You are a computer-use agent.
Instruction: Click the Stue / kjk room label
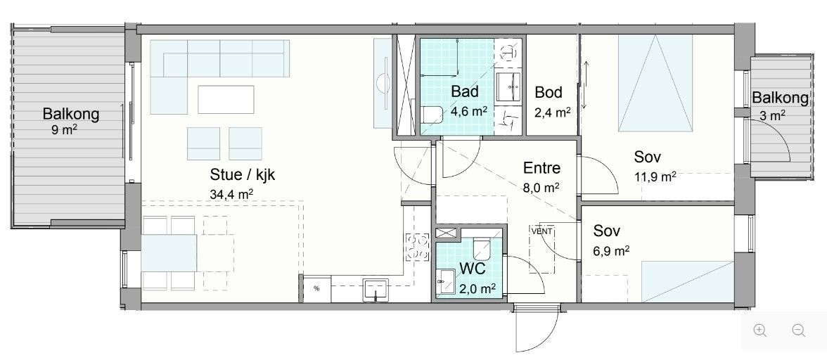[243, 174]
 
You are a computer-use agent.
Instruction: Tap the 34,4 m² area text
[231, 193]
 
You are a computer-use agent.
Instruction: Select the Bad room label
[465, 91]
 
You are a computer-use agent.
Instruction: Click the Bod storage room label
[549, 92]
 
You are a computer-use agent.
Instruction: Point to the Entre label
[541, 168]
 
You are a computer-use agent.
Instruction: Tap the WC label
[473, 269]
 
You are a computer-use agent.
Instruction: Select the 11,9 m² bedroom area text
[655, 176]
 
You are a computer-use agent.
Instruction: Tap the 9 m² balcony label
[65, 130]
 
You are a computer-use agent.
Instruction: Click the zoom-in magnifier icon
[760, 331]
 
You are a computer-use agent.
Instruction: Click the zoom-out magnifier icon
[799, 331]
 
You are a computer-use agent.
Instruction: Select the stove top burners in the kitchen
[417, 247]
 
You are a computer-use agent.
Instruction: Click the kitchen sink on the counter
[376, 290]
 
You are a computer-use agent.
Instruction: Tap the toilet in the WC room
[482, 249]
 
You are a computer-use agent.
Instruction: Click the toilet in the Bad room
[432, 115]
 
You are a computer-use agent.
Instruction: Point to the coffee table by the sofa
[226, 99]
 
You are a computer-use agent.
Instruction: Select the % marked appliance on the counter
[316, 288]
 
